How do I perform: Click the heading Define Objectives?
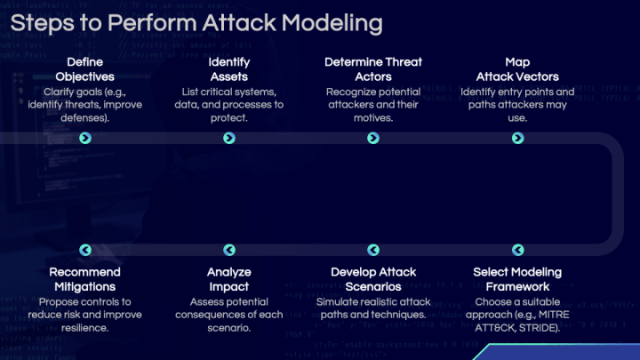point(85,69)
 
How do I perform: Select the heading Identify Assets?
point(229,69)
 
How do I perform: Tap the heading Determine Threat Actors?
point(373,69)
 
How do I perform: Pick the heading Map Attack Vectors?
point(517,69)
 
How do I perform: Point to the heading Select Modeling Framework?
point(517,279)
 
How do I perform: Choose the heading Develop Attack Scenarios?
point(373,279)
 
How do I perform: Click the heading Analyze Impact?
point(229,279)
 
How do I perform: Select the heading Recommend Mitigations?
point(85,279)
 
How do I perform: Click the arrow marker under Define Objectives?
point(85,138)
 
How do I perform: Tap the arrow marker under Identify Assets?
point(229,138)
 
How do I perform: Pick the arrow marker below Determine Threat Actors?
point(373,138)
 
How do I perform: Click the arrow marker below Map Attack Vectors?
point(517,138)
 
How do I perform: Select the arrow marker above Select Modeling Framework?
point(517,250)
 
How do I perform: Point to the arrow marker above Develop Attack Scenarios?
point(373,250)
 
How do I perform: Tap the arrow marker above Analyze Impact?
point(229,250)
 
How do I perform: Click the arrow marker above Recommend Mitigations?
point(85,250)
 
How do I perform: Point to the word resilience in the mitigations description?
point(84,327)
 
